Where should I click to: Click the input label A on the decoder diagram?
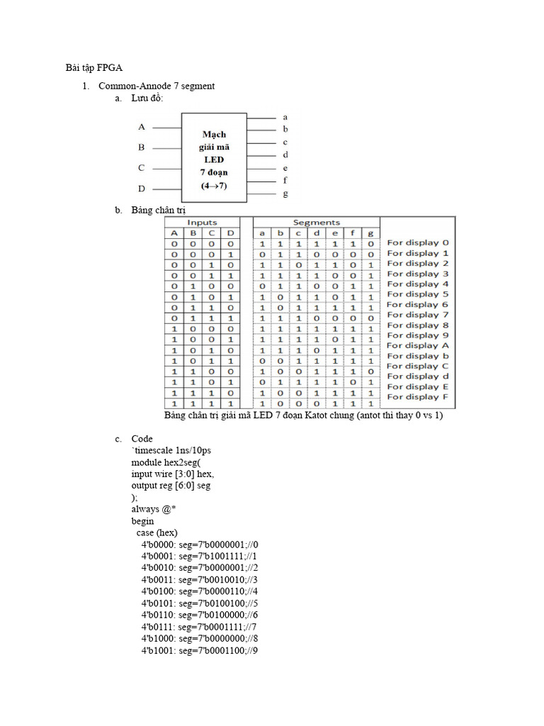142,127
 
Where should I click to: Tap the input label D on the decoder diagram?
142,189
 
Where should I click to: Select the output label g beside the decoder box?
285,193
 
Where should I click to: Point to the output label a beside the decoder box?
285,116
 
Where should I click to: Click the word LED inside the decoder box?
214,160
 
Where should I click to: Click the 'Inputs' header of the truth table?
202,223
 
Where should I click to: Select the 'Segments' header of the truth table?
317,223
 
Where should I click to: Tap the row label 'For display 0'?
418,242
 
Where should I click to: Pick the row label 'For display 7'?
418,315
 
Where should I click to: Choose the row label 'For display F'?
418,397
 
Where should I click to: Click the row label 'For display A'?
418,345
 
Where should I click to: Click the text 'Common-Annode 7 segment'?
157,86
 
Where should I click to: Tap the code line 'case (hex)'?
157,532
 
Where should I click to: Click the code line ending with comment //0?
200,544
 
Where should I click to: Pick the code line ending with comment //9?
200,650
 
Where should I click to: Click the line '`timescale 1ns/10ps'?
171,451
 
